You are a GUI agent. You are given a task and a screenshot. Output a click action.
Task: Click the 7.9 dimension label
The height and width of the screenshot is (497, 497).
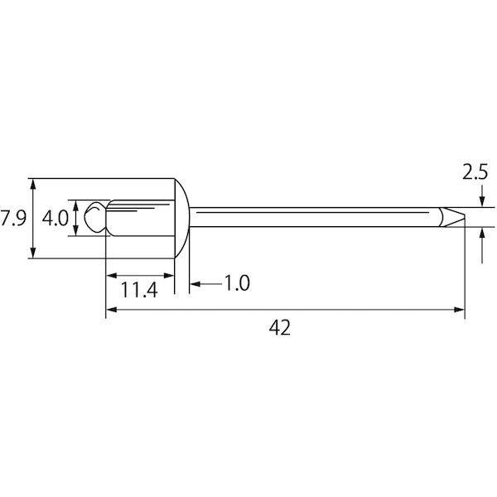pyautogui.click(x=12, y=218)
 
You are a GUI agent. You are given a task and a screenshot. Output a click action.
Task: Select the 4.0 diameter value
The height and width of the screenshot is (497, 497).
pyautogui.click(x=55, y=219)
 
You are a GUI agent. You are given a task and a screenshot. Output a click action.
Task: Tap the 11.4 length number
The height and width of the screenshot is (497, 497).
pyautogui.click(x=139, y=290)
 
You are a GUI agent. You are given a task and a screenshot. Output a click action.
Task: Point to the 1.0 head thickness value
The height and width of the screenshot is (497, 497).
pyautogui.click(x=237, y=283)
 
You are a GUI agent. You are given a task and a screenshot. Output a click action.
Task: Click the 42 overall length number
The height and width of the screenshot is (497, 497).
pyautogui.click(x=280, y=328)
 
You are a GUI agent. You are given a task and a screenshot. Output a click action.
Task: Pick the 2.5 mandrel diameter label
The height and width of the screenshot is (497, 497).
pyautogui.click(x=475, y=173)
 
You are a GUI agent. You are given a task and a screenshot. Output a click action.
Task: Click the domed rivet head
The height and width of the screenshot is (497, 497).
pyautogui.click(x=182, y=218)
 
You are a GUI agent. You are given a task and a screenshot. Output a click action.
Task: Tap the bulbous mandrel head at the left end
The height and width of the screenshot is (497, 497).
pyautogui.click(x=94, y=218)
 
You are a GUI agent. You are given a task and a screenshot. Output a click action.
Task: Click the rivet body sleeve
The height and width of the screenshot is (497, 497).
pyautogui.click(x=140, y=218)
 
